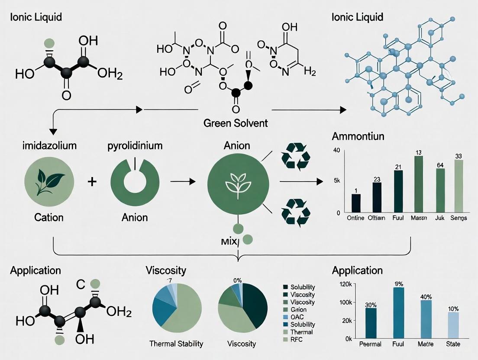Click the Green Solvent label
coord(236,123)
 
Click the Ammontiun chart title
coord(358,136)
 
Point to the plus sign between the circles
coord(91,181)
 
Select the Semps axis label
coord(459,219)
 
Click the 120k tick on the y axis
coord(346,284)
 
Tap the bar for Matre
coord(426,319)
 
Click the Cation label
coord(49,217)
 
